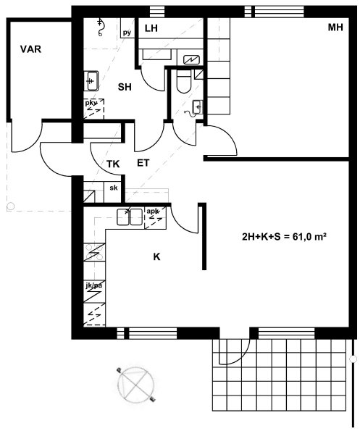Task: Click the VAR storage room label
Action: [30, 49]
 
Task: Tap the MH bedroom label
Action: [335, 28]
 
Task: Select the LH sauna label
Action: [151, 28]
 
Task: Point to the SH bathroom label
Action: [125, 87]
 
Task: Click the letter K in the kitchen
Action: [156, 256]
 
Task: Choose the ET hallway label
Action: [143, 163]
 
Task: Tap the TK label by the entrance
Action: [113, 164]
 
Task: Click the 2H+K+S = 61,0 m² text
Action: [284, 237]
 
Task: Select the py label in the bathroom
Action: [127, 33]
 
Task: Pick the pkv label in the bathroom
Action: [91, 103]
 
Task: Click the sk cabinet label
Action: [114, 188]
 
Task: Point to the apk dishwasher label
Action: [153, 211]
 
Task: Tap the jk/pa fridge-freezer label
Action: [94, 286]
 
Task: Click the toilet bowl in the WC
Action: [183, 81]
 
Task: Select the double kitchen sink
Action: [130, 217]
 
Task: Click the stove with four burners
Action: [94, 252]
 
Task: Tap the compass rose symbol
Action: [135, 385]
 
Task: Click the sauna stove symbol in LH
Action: [191, 59]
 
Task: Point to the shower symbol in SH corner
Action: [100, 27]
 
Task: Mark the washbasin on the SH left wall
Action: [91, 81]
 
